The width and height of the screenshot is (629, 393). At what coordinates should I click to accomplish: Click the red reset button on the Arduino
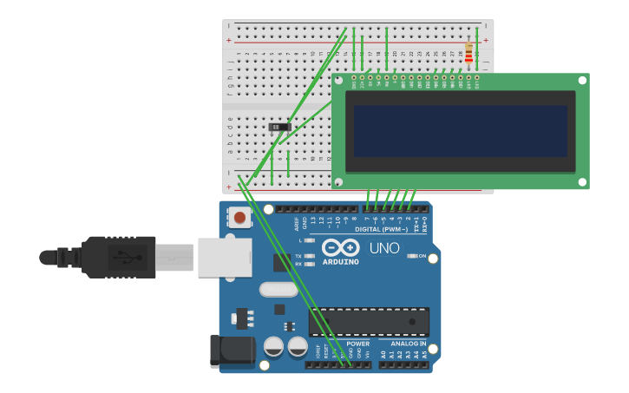point(239,217)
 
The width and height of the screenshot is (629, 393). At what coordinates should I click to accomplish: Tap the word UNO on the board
point(384,248)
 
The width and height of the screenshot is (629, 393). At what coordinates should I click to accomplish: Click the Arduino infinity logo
point(340,247)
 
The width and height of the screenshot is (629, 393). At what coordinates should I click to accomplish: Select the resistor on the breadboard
point(469,54)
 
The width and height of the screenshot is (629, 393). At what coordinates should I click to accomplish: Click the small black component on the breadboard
point(278,127)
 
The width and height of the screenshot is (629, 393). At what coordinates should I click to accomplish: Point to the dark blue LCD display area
point(460,131)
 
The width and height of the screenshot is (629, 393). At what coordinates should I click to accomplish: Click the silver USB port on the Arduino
point(224,258)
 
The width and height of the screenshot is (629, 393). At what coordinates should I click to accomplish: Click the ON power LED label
point(423,256)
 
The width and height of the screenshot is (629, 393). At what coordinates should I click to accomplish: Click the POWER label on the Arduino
point(357,344)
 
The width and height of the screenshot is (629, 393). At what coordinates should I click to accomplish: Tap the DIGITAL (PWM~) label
point(383,229)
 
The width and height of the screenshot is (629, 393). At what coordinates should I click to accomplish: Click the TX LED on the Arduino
point(310,256)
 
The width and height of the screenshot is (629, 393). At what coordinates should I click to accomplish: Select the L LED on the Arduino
point(310,240)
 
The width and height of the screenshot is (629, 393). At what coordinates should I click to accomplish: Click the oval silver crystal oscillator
point(278,290)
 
